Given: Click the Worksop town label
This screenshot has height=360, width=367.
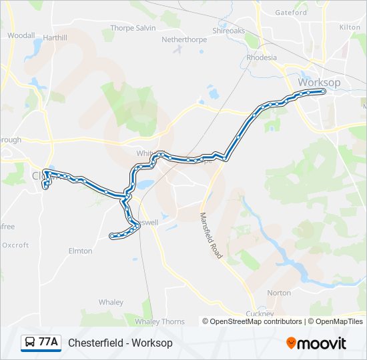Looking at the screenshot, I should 319,82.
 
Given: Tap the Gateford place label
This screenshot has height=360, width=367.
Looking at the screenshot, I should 291,12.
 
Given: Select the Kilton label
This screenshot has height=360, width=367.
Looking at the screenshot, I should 350,27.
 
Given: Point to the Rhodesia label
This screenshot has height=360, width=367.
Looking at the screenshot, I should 262,57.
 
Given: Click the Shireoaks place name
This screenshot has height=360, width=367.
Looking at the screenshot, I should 229,31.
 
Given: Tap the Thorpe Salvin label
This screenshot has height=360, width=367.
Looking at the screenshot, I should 133,28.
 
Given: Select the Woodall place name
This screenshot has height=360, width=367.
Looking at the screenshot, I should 21,35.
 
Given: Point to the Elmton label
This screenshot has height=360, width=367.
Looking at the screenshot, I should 80,251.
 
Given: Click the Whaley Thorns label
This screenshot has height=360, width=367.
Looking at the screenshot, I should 159,321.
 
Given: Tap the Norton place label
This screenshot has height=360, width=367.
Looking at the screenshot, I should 279,293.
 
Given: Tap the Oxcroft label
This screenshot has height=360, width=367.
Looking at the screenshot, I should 15,245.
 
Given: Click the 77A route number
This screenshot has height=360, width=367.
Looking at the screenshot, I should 48,342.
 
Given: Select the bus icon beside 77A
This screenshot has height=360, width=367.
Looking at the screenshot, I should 30,343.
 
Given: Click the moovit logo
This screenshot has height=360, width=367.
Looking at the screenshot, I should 316,343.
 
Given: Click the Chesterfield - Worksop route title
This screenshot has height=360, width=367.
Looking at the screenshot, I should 120,343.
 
